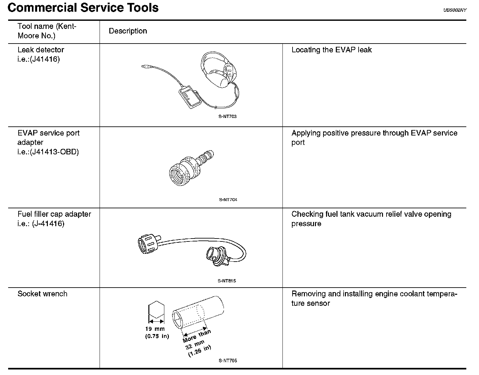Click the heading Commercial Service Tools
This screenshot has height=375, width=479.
pyautogui.click(x=83, y=7)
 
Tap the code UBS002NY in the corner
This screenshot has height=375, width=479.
pyautogui.click(x=455, y=10)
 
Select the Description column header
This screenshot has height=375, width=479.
pyautogui.click(x=128, y=31)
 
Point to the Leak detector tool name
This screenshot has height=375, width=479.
pyautogui.click(x=41, y=50)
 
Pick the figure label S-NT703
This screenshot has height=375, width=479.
pyautogui.click(x=227, y=117)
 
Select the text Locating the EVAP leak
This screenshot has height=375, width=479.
pyautogui.click(x=331, y=50)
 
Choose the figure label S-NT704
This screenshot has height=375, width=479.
pyautogui.click(x=228, y=200)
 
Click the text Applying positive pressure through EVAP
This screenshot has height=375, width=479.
pyautogui.click(x=374, y=133)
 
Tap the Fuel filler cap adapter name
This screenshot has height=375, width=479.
pyautogui.click(x=54, y=214)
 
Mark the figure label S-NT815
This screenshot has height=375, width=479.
pyautogui.click(x=227, y=281)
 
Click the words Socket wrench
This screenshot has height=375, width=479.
pyautogui.click(x=42, y=294)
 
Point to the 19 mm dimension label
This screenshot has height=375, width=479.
pyautogui.click(x=155, y=329)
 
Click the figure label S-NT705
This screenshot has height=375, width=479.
pyautogui.click(x=228, y=361)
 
